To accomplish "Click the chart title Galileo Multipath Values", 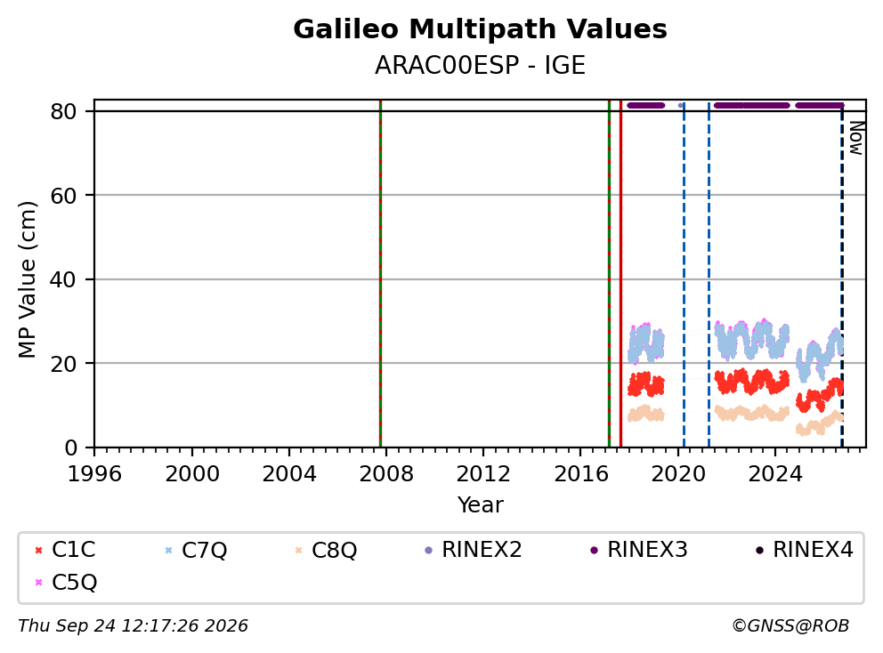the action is coord(480,29).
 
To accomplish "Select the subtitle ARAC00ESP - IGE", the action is coord(480,65).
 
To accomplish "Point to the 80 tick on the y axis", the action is coord(63,111).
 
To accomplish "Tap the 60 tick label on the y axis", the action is coord(63,196).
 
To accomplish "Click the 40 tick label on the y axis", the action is coord(63,279).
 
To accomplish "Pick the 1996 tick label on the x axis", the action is coord(94,474).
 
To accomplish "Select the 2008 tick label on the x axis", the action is coord(386,474).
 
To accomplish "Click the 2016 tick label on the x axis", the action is coord(581,474).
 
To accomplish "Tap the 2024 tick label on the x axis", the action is coord(775,474).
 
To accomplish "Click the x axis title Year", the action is coord(481,505).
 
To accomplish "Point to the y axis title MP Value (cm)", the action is coord(27,279).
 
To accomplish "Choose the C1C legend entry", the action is coord(65,550).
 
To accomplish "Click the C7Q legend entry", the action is coord(196,550).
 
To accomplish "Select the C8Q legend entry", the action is coord(326,550).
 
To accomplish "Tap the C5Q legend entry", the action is coord(66,582).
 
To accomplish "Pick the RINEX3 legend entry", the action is coord(638,550).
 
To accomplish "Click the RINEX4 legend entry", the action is coord(804,550).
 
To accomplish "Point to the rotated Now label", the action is coord(856,139).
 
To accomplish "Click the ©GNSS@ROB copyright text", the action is coord(790,626).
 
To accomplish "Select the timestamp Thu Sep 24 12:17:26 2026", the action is coord(133,626).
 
